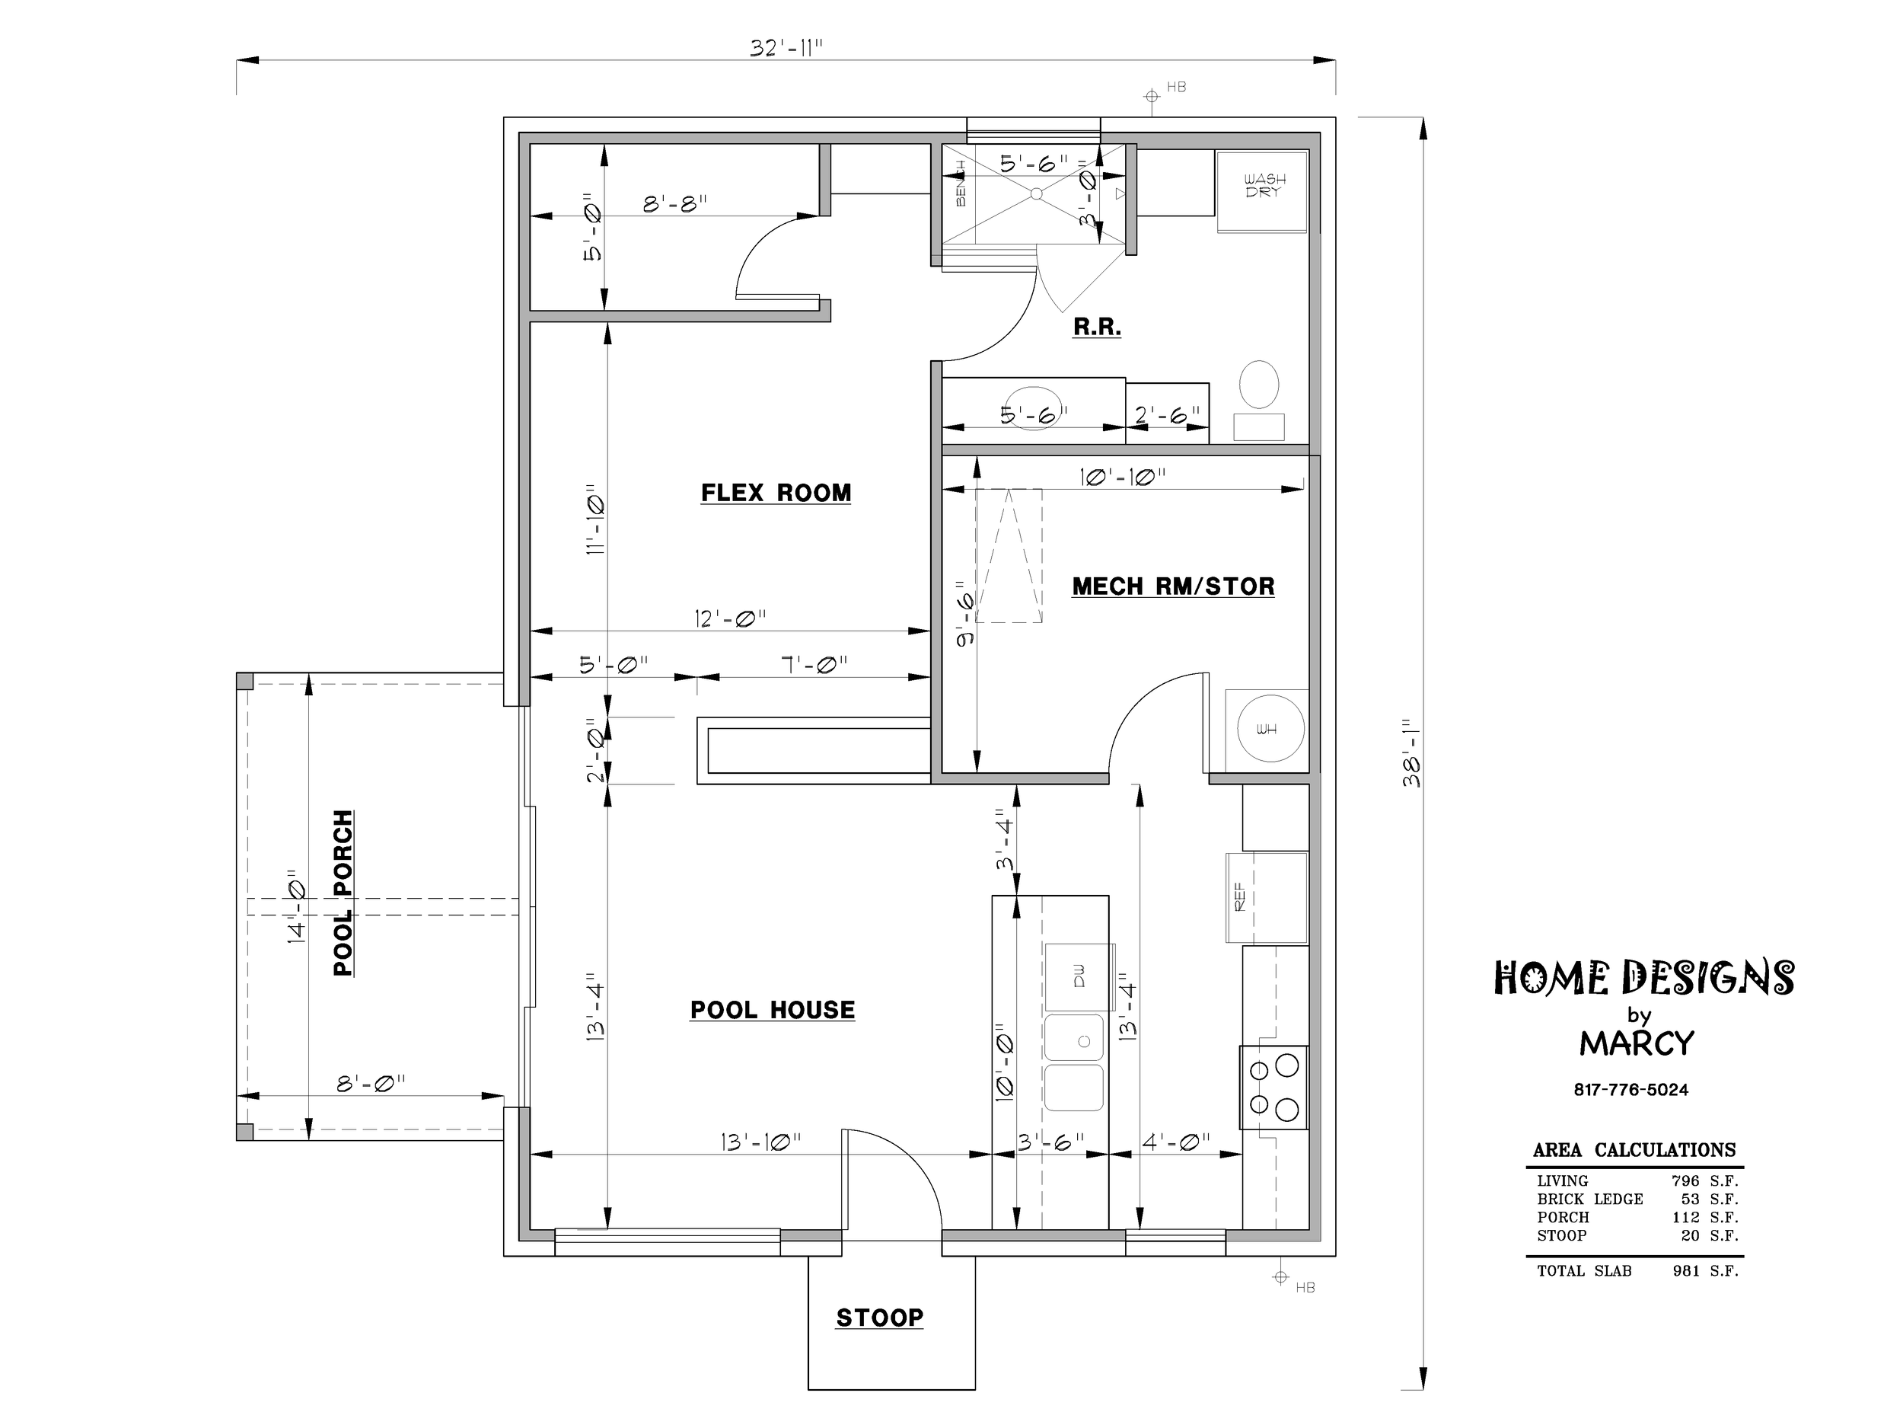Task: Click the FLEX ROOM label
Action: (x=776, y=494)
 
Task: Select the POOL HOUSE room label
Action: (x=773, y=1010)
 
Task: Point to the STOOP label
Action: (x=880, y=1318)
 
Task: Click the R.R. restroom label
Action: (x=1097, y=327)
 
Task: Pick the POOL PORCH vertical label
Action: (x=343, y=893)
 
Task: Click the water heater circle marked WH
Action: (x=1270, y=728)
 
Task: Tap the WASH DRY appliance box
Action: (x=1262, y=191)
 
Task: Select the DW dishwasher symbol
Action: (x=1079, y=976)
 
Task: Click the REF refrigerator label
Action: (x=1240, y=897)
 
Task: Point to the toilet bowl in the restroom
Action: (x=1258, y=384)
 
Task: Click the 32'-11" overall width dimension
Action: (x=786, y=48)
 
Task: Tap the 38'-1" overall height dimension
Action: (x=1412, y=753)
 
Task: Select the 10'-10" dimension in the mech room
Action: (x=1123, y=476)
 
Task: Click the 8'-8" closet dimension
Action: (x=675, y=204)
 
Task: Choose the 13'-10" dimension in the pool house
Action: (x=760, y=1142)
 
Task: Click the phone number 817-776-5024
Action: (x=1631, y=1090)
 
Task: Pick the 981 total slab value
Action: (x=1686, y=1270)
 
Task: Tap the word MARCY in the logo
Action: (x=1637, y=1043)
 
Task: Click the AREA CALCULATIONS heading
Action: (x=1634, y=1150)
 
